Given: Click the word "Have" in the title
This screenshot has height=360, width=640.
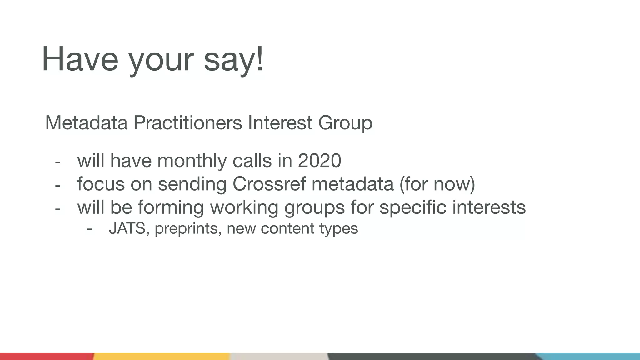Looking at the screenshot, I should [x=80, y=59].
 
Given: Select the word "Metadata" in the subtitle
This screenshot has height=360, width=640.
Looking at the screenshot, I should [x=86, y=123].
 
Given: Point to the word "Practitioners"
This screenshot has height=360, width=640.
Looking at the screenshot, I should [x=187, y=123].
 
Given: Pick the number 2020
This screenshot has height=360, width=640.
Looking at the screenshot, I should [x=319, y=161].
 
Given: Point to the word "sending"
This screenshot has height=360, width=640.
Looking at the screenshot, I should [x=192, y=184].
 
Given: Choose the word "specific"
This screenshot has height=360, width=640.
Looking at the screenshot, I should [x=413, y=207].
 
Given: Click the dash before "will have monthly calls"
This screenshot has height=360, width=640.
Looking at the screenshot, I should [x=57, y=162].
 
